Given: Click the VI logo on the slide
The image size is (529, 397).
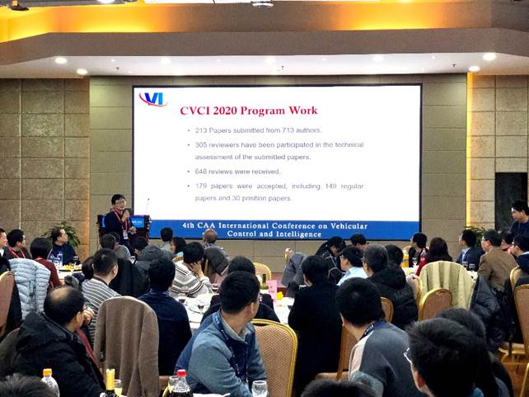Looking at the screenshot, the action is click(153, 99).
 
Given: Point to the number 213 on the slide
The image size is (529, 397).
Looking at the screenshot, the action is click(201, 130).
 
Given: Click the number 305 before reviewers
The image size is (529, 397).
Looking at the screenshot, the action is click(201, 145).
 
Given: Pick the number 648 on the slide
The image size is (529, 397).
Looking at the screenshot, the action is click(201, 172).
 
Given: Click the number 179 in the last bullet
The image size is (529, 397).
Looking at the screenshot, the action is click(201, 187).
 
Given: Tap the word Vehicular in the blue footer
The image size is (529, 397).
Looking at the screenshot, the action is click(349, 225).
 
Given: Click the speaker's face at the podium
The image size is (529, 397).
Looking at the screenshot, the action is click(119, 203).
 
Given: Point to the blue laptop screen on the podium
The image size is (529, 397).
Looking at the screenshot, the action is click(138, 222).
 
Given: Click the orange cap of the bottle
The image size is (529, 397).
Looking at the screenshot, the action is click(48, 372).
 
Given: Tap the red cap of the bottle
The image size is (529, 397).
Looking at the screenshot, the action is click(182, 373).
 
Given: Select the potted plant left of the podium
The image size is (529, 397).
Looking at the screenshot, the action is click(64, 234).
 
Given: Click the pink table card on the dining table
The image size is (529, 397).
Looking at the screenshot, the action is click(272, 288).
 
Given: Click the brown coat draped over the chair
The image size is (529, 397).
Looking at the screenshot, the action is click(127, 344).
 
